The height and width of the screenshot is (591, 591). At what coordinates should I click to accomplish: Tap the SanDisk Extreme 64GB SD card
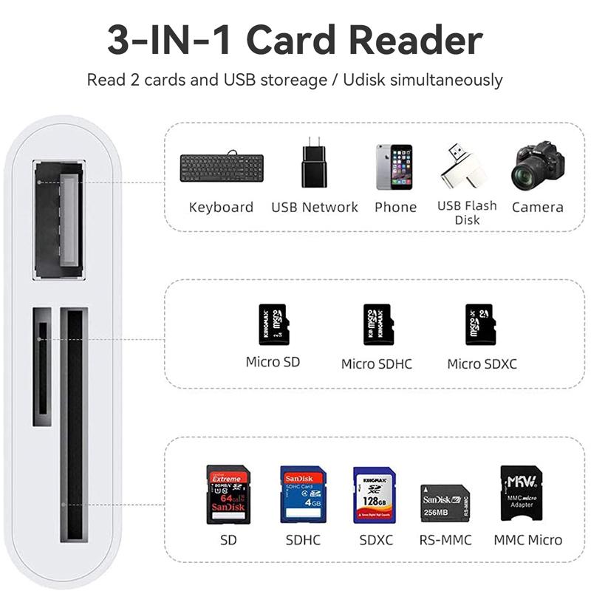pos(227,494)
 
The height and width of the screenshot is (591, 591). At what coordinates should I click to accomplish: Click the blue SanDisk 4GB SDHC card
pos(303,494)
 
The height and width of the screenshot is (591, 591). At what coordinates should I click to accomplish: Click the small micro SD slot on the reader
pos(42,366)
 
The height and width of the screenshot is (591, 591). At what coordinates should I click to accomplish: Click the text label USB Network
pos(314,208)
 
